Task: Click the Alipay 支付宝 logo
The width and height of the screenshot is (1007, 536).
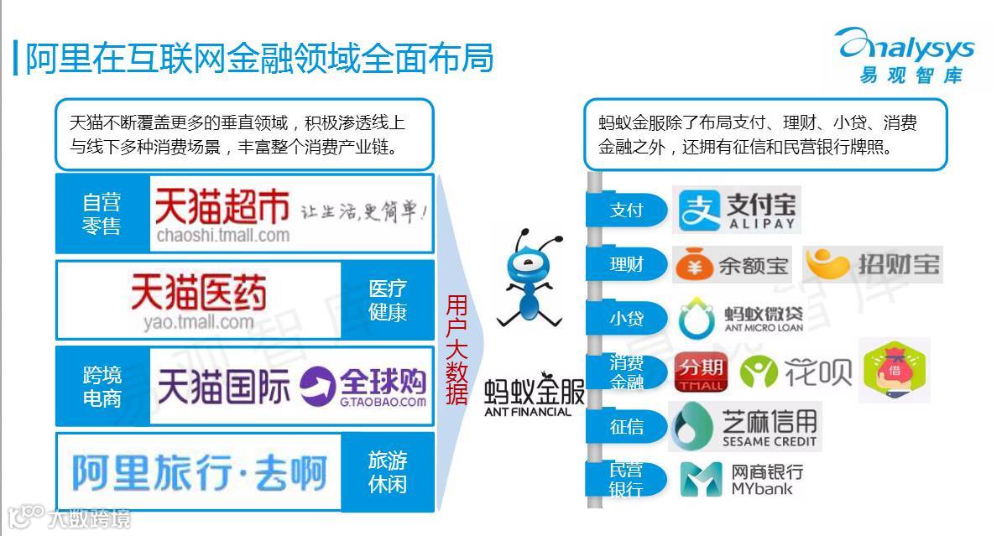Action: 737,210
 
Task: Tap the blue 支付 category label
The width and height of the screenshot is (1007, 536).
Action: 626,210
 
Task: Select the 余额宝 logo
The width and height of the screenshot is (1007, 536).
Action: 733,265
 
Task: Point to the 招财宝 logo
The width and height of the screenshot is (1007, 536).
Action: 873,265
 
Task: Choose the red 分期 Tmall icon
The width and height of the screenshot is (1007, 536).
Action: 701,372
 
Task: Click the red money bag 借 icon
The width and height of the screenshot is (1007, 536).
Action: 895,369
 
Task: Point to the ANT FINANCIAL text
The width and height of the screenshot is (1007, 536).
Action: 528,412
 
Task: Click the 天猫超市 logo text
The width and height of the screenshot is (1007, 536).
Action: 222,206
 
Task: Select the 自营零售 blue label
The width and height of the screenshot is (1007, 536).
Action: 102,214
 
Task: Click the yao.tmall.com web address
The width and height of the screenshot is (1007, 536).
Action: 198,322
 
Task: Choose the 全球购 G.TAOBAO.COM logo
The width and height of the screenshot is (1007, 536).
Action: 363,387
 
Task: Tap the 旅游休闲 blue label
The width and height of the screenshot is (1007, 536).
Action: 388,472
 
